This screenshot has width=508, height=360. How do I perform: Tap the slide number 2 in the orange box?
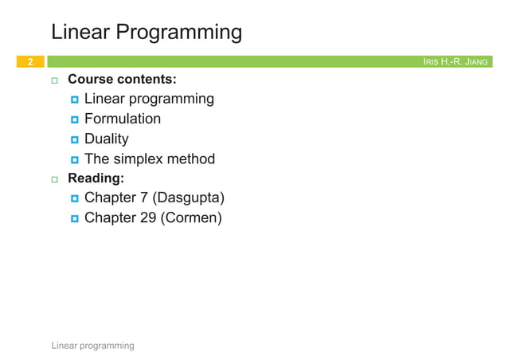(29, 61)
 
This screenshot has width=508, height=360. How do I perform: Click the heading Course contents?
(122, 80)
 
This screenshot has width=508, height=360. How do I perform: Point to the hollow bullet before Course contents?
(56, 80)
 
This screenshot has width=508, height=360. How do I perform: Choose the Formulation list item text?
(123, 119)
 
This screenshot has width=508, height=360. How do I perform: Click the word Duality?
(107, 139)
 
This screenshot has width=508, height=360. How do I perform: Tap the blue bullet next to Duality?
(74, 139)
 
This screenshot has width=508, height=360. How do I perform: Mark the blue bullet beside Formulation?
(74, 119)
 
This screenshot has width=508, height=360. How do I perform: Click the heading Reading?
(96, 178)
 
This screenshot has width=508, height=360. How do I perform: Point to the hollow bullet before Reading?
(56, 179)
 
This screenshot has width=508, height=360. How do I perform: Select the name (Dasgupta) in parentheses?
(189, 198)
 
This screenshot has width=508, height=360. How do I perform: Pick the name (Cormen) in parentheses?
(191, 217)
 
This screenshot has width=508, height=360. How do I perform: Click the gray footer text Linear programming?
(92, 346)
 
